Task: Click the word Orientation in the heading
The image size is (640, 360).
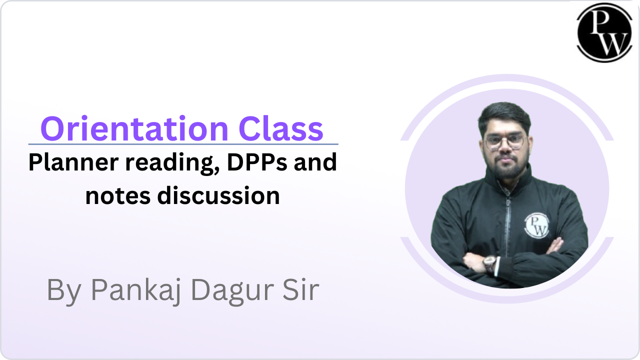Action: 134,128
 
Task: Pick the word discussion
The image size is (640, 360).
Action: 218,195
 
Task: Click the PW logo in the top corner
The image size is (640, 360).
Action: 601,32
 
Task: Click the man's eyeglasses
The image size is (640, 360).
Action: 504,142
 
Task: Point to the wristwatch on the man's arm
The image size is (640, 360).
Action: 489,263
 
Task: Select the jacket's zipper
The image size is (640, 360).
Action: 508,220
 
